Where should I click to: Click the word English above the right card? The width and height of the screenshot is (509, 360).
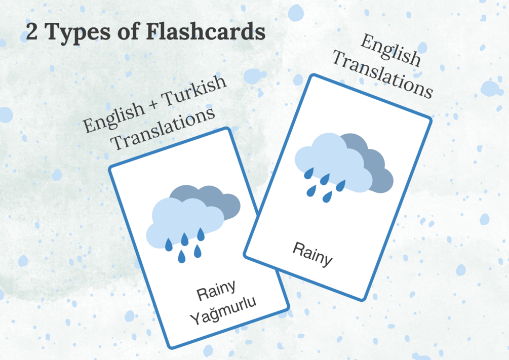390,51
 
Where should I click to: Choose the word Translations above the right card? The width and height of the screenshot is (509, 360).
382,75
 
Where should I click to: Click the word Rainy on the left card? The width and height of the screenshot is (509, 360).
216,290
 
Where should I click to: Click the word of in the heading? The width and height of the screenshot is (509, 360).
130,32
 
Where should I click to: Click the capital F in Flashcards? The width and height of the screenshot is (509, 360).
154,32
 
